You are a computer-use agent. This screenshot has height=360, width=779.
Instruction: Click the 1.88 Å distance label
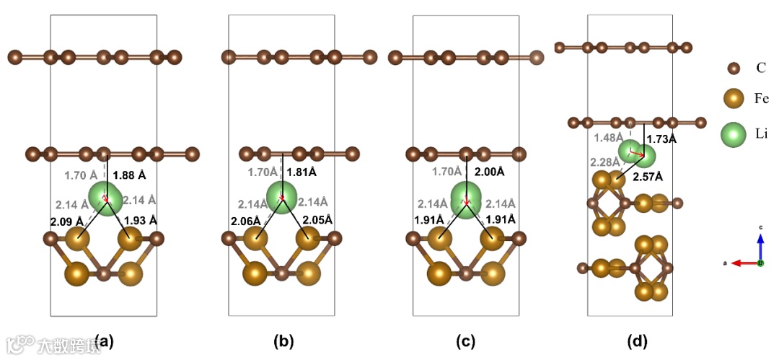pos(129,175)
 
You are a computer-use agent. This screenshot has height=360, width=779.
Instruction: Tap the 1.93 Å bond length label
pos(141,220)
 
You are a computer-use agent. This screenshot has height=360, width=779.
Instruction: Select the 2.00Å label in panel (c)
pos(490,172)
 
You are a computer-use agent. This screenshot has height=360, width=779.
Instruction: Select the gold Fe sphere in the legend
pos(733,99)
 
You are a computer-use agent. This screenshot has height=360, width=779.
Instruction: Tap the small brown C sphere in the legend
pos(733,69)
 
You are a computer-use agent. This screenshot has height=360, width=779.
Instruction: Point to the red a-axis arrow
pos(743,263)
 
